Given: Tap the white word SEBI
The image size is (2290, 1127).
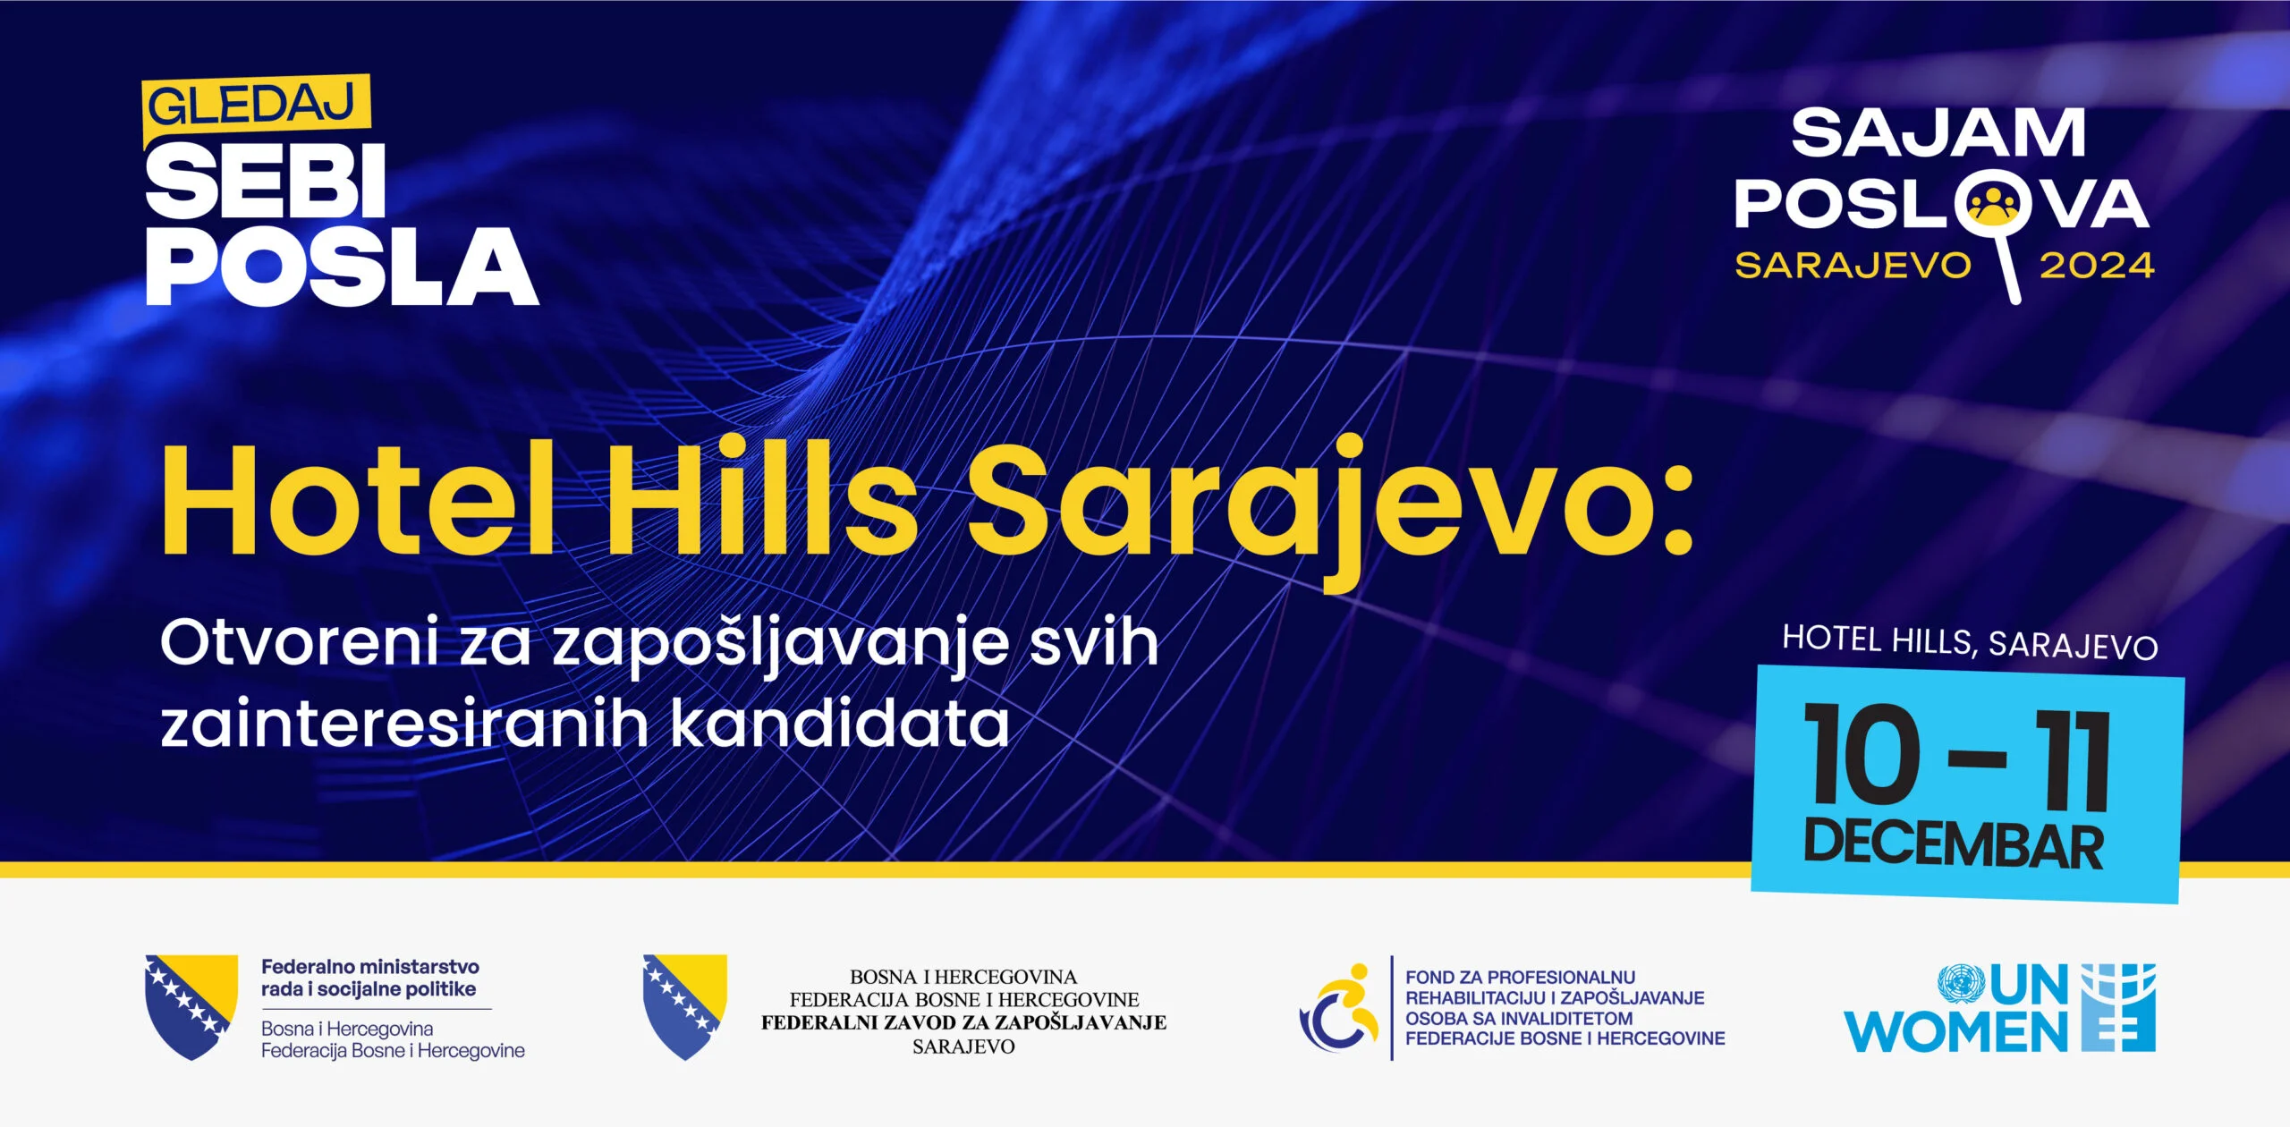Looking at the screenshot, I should click(266, 182).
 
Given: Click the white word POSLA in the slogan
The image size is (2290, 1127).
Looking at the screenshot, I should click(342, 266).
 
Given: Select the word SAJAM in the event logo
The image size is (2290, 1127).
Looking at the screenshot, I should click(1938, 134).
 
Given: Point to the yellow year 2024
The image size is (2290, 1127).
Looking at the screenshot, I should click(2096, 266).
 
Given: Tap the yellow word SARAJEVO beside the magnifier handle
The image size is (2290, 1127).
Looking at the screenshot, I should click(1853, 266).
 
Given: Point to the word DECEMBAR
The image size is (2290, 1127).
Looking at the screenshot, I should click(1954, 845).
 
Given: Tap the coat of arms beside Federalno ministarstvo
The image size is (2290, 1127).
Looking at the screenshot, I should click(191, 1006).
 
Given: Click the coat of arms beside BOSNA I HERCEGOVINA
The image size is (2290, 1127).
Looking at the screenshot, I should click(684, 1006).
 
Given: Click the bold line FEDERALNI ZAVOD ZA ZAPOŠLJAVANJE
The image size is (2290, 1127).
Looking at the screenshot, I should click(963, 1023).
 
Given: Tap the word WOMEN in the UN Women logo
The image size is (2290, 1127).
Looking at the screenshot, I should click(1955, 1032).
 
